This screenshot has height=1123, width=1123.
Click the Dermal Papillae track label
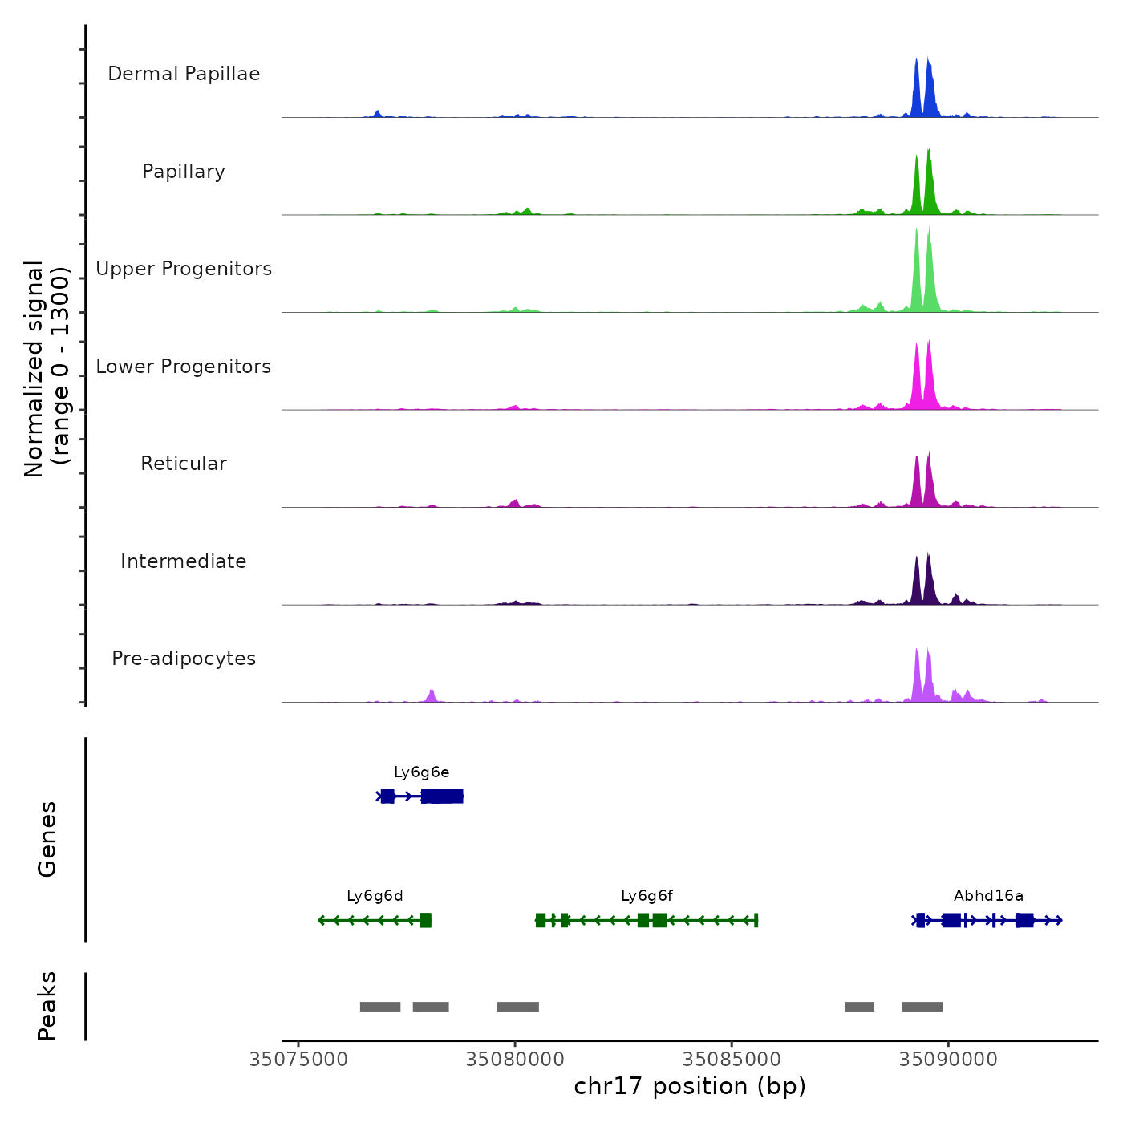pos(184,74)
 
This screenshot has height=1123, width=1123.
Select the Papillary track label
pos(184,172)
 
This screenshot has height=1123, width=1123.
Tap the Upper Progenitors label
pos(184,269)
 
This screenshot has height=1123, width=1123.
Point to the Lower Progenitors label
pos(184,367)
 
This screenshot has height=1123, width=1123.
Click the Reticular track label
pos(184,464)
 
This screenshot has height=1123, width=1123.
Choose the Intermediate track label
pos(184,561)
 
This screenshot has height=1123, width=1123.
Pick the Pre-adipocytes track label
pos(184,659)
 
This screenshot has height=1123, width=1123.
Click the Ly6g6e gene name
pos(421,772)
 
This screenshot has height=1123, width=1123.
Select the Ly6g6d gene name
pos(375,896)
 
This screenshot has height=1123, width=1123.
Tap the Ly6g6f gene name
pos(647,896)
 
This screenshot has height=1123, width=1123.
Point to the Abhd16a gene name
pos(988,896)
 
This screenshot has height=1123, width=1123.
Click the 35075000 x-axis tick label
pos(298,1060)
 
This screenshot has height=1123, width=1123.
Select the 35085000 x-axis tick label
pos(732,1060)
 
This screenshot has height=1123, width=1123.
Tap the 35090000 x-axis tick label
pos(948,1060)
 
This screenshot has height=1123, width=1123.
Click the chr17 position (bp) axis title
pos(690,1086)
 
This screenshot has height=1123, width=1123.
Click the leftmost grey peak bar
pos(380,1007)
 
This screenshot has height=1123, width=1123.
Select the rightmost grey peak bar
pos(922,1007)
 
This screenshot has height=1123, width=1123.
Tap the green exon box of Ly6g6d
pos(425,920)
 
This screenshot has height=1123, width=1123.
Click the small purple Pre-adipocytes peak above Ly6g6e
pos(432,695)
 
